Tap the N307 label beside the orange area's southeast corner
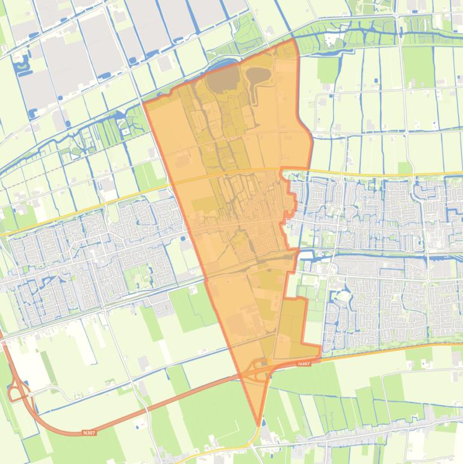point(303,364)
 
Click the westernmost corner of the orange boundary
point(143,103)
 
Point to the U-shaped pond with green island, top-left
point(23,64)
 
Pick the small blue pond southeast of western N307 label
point(140,427)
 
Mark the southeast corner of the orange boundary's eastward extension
point(320,346)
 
